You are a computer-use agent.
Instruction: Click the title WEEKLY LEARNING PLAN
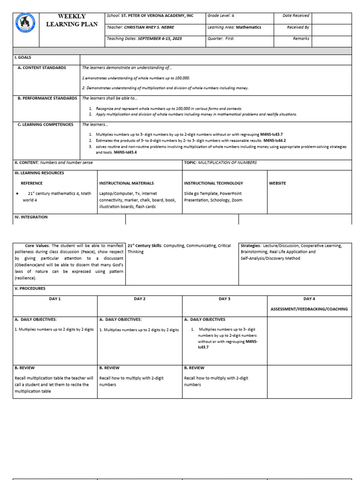(72, 20)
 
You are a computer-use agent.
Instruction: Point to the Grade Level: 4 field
(221, 16)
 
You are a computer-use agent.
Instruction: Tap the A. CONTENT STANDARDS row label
(42, 68)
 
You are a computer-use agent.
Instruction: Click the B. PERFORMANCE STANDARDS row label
(47, 98)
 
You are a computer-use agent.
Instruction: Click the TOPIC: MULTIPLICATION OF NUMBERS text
(220, 163)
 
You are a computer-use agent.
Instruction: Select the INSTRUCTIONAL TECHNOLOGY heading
(213, 183)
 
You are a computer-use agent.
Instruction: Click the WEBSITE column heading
(277, 183)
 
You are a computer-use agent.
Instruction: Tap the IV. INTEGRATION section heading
(31, 217)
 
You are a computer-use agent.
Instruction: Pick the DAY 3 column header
(225, 299)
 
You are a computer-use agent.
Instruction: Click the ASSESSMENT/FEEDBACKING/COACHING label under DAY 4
(309, 309)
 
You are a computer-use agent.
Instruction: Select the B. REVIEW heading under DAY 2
(109, 368)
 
